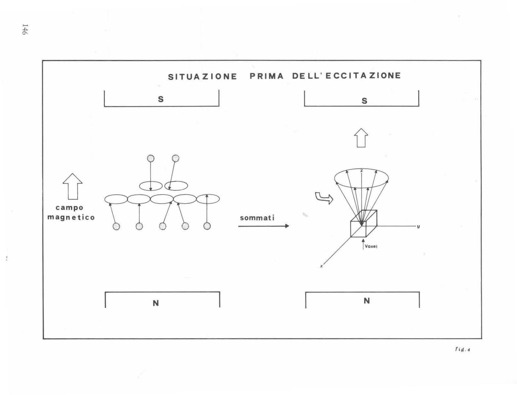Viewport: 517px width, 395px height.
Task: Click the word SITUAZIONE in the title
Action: (203, 77)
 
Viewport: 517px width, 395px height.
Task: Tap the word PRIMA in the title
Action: (267, 76)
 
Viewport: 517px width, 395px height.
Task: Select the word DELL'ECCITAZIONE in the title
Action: (347, 76)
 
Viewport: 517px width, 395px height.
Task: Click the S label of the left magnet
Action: (161, 99)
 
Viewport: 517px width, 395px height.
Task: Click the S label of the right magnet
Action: (364, 101)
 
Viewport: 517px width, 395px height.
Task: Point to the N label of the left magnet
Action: (156, 303)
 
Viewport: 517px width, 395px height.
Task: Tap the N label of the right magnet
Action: (367, 301)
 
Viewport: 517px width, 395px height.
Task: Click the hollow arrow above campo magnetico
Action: (72, 186)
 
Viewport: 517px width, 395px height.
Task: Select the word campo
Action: (69, 208)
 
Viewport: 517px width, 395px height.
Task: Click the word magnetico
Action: (71, 217)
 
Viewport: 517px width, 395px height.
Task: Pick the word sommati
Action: (257, 218)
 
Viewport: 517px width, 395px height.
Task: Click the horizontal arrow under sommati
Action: (264, 226)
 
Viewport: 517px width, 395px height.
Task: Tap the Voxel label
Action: (371, 247)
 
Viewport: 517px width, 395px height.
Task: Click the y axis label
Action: (418, 226)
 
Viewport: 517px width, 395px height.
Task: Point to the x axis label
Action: (321, 266)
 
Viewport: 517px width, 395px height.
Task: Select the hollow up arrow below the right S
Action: (361, 138)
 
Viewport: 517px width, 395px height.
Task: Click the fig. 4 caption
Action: (462, 350)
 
